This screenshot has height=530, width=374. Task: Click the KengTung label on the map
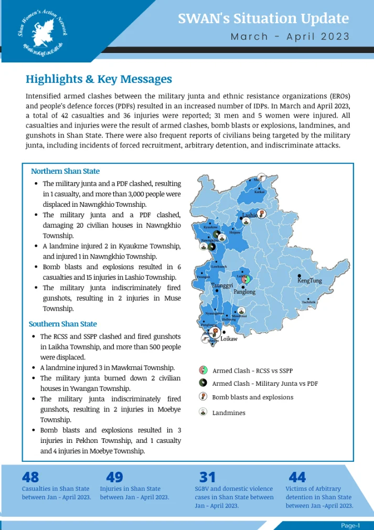click(309, 281)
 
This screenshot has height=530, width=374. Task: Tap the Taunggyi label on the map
click(222, 285)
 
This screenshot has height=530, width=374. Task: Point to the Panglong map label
click(244, 292)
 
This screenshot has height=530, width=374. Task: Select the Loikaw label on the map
click(229, 339)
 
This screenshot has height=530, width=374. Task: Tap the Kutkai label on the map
click(259, 192)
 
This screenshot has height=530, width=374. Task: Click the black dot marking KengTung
click(300, 275)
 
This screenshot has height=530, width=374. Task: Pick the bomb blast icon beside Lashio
click(262, 214)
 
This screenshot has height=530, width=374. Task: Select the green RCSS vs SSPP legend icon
click(203, 370)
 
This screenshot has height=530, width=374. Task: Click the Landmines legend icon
click(203, 412)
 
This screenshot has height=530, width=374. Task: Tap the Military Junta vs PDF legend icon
click(203, 384)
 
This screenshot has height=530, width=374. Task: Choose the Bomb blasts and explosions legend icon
click(203, 397)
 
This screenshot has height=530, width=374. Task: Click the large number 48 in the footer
click(30, 477)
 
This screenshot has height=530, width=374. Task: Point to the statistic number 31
click(208, 477)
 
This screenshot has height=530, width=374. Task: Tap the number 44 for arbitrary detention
click(297, 477)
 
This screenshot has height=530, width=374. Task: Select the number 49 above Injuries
click(114, 477)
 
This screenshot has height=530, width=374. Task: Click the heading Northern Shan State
click(65, 171)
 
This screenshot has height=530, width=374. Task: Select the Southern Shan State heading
click(63, 324)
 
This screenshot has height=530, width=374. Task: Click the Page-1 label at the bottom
click(350, 525)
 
